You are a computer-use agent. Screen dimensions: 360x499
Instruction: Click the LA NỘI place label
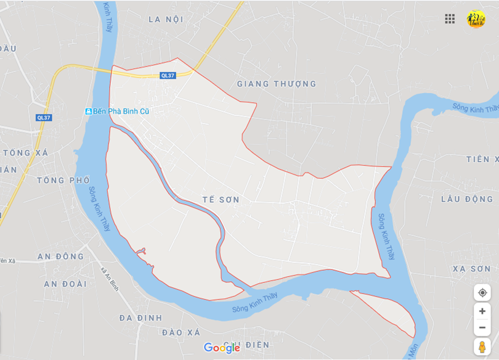pyautogui.click(x=166, y=19)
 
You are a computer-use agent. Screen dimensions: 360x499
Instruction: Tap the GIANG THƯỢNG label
pyautogui.click(x=277, y=84)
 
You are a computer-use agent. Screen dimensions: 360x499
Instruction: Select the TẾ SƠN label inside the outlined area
pyautogui.click(x=221, y=200)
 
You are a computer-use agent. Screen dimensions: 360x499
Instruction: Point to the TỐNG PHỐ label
pyautogui.click(x=63, y=180)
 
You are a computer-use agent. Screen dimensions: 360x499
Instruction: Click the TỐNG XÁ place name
pyautogui.click(x=25, y=152)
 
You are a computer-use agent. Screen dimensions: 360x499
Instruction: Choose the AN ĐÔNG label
pyautogui.click(x=60, y=256)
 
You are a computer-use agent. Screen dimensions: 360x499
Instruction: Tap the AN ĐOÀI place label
pyautogui.click(x=65, y=284)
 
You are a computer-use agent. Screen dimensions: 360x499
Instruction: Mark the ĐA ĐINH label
pyautogui.click(x=140, y=317)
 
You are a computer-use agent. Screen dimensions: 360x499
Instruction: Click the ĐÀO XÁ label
pyautogui.click(x=181, y=332)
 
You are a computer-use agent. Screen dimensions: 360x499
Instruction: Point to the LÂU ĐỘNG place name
pyautogui.click(x=467, y=199)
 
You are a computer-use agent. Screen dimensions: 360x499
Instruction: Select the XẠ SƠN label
pyautogui.click(x=472, y=269)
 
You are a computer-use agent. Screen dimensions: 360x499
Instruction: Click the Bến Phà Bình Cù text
pyautogui.click(x=121, y=111)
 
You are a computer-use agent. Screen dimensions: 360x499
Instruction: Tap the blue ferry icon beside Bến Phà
pyautogui.click(x=89, y=111)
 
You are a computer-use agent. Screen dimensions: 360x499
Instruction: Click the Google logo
pyautogui.click(x=222, y=348)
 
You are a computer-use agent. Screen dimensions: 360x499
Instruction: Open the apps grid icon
pyautogui.click(x=450, y=18)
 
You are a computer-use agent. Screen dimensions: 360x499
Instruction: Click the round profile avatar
pyautogui.click(x=476, y=19)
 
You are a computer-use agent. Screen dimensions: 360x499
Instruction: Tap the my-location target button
pyautogui.click(x=482, y=292)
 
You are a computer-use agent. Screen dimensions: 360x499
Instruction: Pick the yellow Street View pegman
pyautogui.click(x=482, y=346)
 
